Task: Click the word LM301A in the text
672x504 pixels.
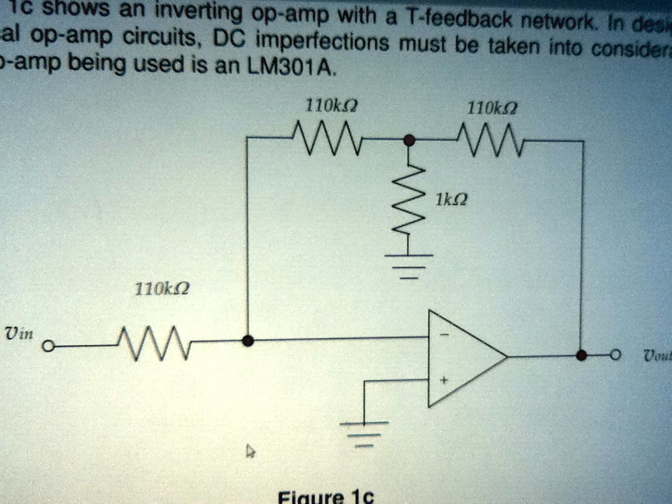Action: click(x=300, y=70)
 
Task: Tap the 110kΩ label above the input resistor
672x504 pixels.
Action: click(x=159, y=288)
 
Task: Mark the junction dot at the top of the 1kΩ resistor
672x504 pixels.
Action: click(x=410, y=141)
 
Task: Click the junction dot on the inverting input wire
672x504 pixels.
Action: click(x=247, y=341)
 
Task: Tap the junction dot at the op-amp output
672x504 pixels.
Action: click(x=581, y=356)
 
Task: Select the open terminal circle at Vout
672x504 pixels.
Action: click(x=615, y=356)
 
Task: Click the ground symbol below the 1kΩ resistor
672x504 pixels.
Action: click(x=409, y=265)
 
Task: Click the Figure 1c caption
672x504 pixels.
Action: click(x=326, y=496)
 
